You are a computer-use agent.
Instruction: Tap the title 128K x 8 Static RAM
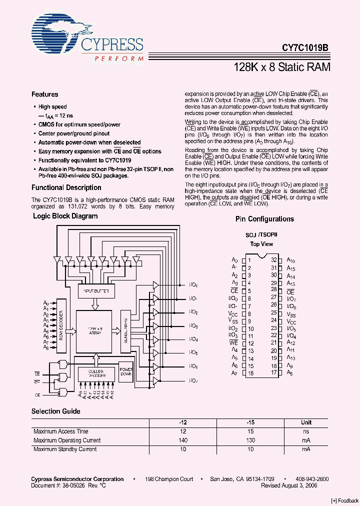click(x=281, y=67)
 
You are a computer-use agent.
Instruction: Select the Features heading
click(x=45, y=94)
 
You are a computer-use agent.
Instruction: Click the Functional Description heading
click(x=66, y=188)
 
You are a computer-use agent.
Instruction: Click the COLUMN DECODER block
click(x=96, y=374)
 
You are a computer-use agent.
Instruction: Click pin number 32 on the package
click(x=274, y=260)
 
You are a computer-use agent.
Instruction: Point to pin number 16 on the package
click(x=250, y=373)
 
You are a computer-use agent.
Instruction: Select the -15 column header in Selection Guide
click(x=250, y=422)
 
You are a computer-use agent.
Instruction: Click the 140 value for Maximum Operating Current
click(x=182, y=440)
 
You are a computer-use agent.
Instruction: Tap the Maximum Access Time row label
click(x=61, y=431)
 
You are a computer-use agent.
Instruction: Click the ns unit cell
click(x=306, y=431)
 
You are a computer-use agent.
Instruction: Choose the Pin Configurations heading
click(x=264, y=219)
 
